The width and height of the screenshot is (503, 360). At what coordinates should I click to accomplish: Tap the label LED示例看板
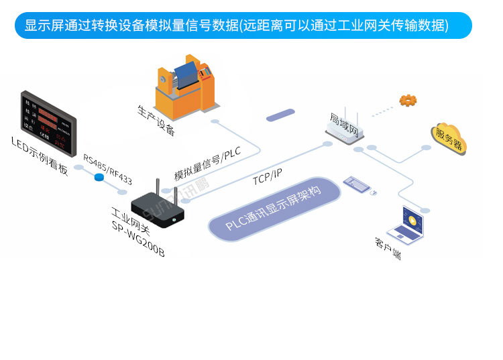pyautogui.click(x=40, y=155)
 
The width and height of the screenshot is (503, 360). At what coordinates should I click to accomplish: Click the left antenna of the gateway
pyautogui.click(x=157, y=189)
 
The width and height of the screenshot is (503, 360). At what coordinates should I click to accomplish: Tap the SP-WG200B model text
pyautogui.click(x=137, y=240)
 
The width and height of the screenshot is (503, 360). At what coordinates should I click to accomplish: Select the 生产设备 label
pyautogui.click(x=156, y=120)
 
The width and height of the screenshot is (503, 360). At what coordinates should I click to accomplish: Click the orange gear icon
pyautogui.click(x=408, y=101)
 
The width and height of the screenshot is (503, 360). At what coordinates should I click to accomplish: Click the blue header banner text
pyautogui.click(x=236, y=25)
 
